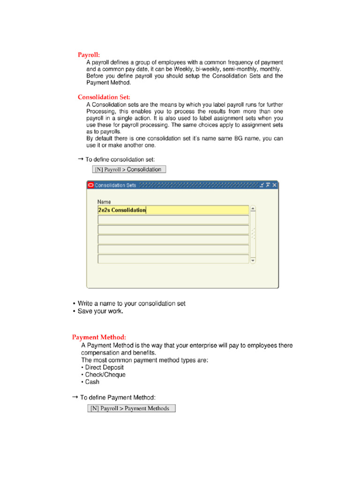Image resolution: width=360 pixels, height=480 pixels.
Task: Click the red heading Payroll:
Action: point(89,55)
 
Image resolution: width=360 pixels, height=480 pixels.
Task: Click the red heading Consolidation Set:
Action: point(104,97)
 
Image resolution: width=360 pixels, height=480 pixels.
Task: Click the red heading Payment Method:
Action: point(99,337)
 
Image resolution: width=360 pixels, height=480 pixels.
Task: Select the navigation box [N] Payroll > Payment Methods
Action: point(132,408)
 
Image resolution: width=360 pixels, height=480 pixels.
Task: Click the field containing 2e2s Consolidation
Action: point(173,210)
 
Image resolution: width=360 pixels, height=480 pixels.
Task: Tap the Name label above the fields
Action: point(105,202)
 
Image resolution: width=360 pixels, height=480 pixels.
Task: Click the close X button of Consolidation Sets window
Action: point(275,185)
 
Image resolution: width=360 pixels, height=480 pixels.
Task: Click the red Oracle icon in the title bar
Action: point(90,185)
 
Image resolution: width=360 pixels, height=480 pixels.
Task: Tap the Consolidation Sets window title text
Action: point(115,185)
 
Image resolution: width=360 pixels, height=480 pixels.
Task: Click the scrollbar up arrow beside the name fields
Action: point(253,209)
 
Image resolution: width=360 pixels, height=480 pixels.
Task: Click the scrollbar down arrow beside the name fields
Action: point(253,260)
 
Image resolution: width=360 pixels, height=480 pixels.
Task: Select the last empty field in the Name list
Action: point(173,259)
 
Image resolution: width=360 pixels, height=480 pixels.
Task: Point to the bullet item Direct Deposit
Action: point(104,367)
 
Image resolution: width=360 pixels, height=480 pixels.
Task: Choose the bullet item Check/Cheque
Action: point(105,375)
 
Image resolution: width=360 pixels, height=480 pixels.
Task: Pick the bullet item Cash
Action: point(92,382)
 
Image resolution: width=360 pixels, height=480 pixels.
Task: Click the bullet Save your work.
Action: point(100,311)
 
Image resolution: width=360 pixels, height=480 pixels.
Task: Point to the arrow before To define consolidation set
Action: point(80,159)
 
